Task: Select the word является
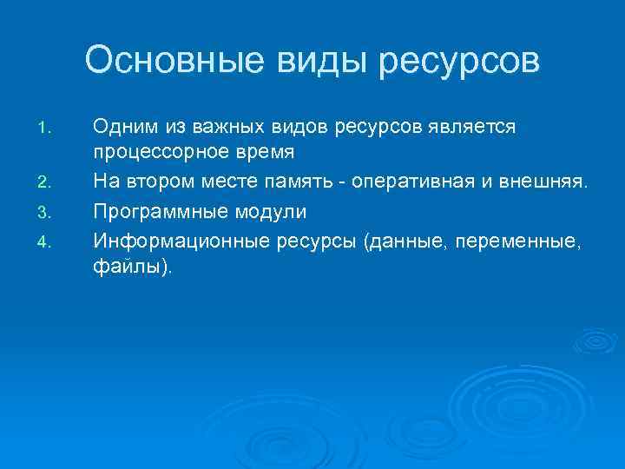[476, 128]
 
